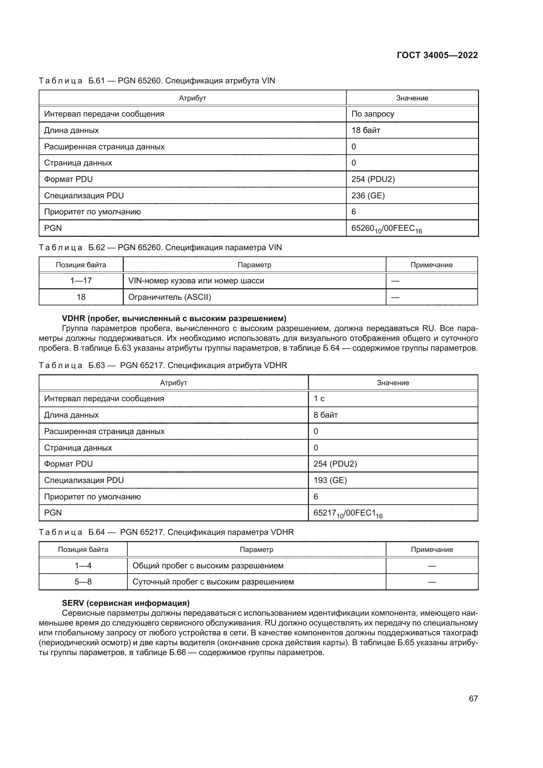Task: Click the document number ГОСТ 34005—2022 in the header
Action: (437, 55)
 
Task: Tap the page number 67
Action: (473, 698)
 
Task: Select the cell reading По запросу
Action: (373, 114)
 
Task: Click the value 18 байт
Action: (365, 130)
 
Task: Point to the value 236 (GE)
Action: (368, 196)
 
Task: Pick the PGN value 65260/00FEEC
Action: (386, 229)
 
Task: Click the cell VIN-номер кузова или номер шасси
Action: (196, 281)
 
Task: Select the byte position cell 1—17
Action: (81, 281)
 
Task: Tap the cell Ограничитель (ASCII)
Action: (169, 297)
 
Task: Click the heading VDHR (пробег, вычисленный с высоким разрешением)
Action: (174, 318)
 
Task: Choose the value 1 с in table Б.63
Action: (319, 399)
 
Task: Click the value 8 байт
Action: (325, 415)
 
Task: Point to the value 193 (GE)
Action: (330, 480)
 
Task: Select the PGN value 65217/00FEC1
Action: (348, 514)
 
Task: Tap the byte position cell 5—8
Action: (83, 582)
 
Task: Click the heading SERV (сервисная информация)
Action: (126, 603)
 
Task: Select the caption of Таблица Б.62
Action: (160, 248)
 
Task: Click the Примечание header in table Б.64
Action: (432, 550)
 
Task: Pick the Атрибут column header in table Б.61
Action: (192, 98)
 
